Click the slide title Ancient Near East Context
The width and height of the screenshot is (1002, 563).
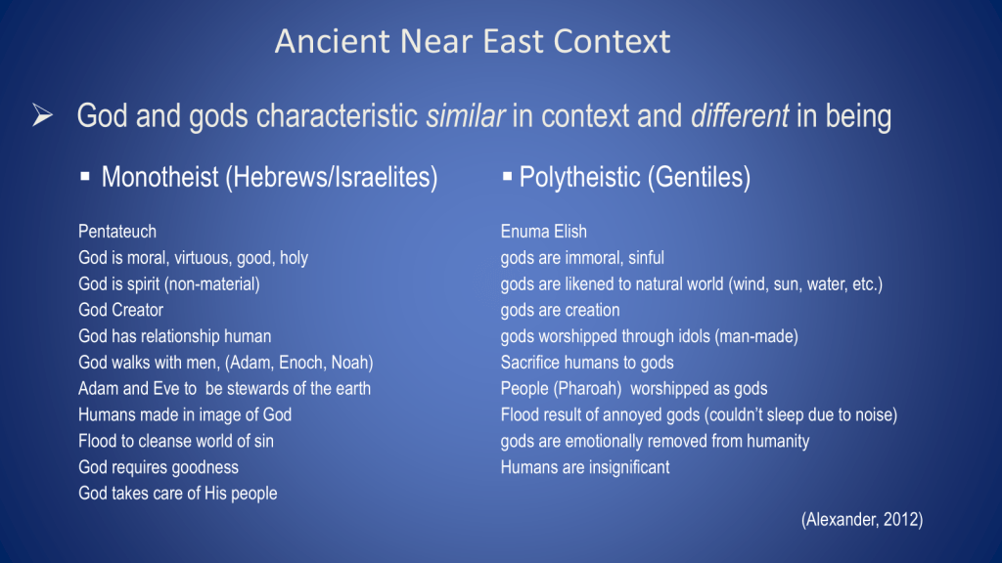point(473,41)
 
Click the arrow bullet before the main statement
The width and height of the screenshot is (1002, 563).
point(43,115)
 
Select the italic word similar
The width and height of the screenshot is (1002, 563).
point(465,116)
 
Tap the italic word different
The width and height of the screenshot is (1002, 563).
point(740,116)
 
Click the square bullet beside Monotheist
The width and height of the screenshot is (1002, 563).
point(85,176)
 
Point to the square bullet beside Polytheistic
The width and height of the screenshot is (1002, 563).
point(508,176)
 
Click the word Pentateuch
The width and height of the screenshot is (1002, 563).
point(117,231)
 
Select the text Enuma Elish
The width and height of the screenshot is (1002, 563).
point(543,231)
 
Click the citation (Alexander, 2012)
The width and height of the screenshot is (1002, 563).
point(862,520)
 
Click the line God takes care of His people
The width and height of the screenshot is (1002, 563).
point(178,494)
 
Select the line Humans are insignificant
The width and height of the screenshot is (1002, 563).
point(585,467)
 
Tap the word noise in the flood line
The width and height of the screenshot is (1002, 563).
point(874,414)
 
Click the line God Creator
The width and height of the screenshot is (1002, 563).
point(120,310)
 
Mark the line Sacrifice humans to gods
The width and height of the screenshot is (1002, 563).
point(587,363)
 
